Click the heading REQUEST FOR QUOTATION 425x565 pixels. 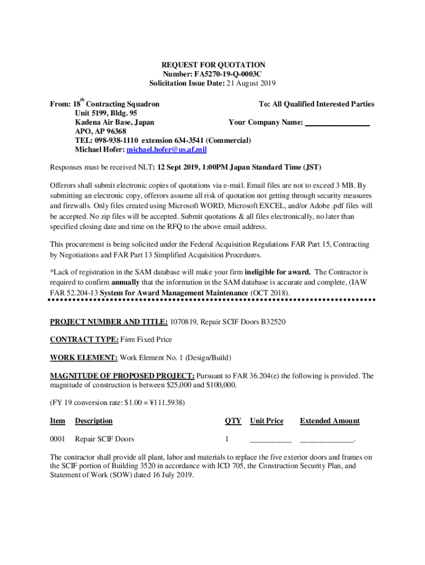[213, 65]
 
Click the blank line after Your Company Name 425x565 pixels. [337, 122]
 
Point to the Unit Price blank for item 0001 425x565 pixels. [270, 440]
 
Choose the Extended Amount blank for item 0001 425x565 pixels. [327, 440]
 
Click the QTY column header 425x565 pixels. [233, 421]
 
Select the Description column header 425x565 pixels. [94, 421]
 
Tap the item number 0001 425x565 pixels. [57, 440]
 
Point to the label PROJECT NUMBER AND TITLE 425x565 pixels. [109, 322]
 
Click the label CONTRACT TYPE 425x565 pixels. [84, 339]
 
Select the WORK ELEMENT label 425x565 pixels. [84, 358]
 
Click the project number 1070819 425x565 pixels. [187, 322]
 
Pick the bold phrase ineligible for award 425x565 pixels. [278, 273]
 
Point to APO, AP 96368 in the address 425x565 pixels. [100, 131]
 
